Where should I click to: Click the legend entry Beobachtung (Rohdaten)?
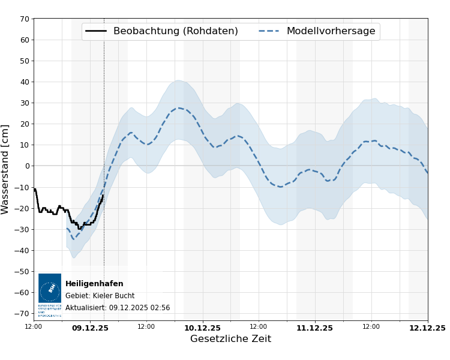point(175,31)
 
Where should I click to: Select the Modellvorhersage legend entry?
point(331,31)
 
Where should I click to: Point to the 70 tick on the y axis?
point(25,19)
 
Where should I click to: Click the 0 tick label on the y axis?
point(26,166)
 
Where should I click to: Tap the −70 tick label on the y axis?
point(22,313)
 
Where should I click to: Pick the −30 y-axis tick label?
point(22,229)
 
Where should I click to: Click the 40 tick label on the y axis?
point(25,82)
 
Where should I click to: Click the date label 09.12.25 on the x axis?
point(90,328)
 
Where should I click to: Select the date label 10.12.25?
point(202,328)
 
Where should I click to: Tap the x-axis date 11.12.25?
point(314,328)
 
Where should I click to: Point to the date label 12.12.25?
point(427,328)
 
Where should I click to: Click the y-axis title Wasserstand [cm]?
point(5,169)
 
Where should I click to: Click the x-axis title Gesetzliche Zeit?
point(230,339)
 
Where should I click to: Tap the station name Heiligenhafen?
point(94,284)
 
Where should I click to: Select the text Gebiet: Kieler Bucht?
point(100,296)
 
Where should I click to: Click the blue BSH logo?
point(50,289)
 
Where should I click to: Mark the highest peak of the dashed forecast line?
point(178,108)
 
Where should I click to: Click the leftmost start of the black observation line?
point(34,189)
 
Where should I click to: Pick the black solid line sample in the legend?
point(96,31)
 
